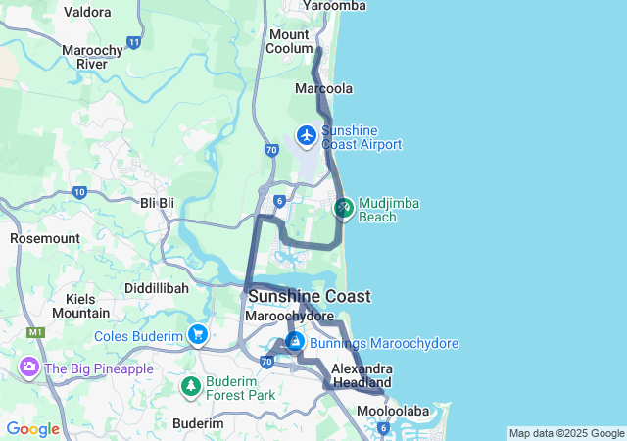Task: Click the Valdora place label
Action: pos(87,13)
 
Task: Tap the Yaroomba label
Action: pos(336,6)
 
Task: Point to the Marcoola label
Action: pos(324,88)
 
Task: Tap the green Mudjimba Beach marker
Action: pos(343,208)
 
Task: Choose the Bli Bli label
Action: pos(157,203)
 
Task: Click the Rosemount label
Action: pos(44,238)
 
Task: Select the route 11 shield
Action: pos(133,43)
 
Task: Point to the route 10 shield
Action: pos(79,192)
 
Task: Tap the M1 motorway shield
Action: pos(37,333)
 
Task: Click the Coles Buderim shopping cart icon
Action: pos(199,335)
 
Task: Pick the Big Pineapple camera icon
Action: pos(29,368)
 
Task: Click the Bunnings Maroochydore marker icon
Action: pos(294,342)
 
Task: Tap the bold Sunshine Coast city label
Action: pos(310,296)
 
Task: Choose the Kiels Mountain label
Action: pos(80,306)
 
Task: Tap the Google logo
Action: pos(32,429)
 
